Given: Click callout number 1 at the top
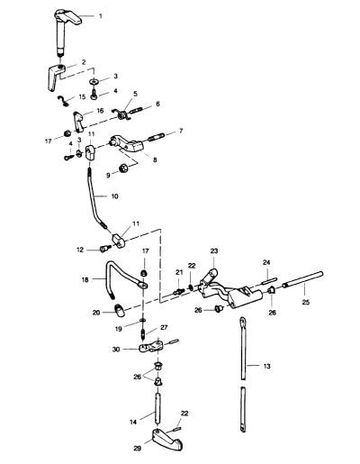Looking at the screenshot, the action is (101, 16).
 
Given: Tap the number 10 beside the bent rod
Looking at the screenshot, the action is (114, 196).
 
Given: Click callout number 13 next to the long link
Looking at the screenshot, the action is (266, 366).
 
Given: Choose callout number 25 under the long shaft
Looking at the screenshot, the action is (306, 302).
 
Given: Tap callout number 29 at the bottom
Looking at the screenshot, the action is (138, 449).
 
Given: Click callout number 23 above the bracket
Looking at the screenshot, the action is (214, 250).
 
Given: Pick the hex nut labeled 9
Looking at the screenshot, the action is (123, 168).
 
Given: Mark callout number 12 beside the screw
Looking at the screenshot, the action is (80, 250).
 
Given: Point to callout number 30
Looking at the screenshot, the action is (116, 350).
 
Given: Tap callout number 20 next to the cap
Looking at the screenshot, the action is (96, 313).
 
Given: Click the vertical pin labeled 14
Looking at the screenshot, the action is (157, 408).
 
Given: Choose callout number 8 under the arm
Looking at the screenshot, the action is (155, 159).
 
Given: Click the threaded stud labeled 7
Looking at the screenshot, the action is (157, 137).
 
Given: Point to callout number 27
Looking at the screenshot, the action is (164, 327).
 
